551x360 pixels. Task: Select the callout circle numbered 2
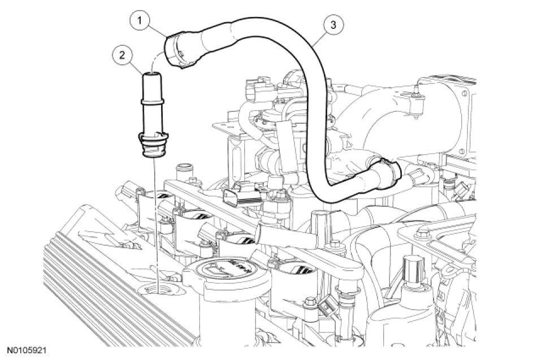pos(120,55)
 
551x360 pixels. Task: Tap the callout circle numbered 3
pos(334,24)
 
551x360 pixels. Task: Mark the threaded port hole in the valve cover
pos(154,292)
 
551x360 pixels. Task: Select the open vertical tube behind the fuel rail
pos(182,172)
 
